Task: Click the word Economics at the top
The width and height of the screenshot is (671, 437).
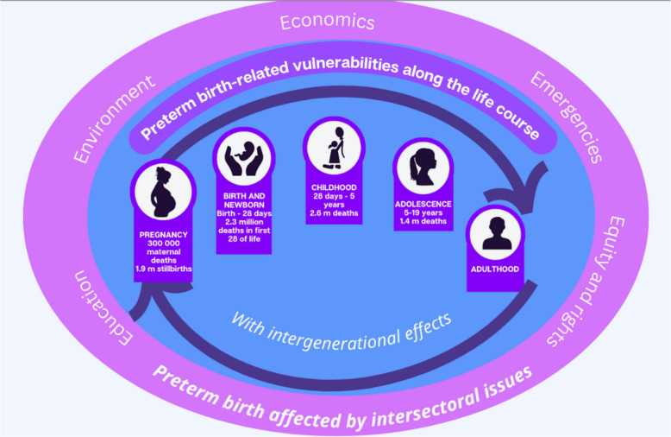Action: coord(327,22)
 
